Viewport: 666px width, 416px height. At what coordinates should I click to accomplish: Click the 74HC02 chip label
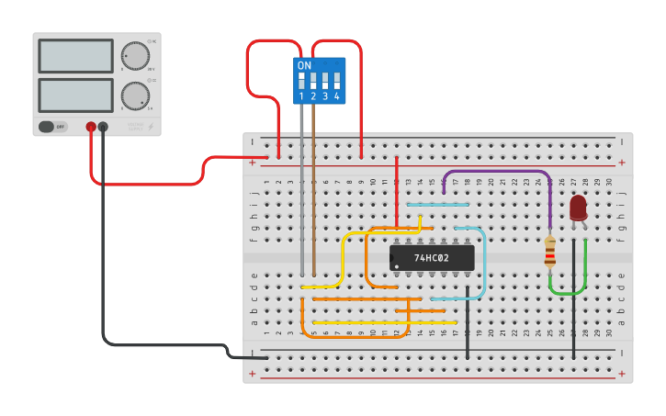[x=432, y=258]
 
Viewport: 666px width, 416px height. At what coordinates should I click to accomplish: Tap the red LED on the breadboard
[x=578, y=208]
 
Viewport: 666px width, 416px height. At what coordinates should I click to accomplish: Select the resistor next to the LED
[x=549, y=252]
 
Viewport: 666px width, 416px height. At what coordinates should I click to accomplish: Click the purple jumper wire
[x=496, y=172]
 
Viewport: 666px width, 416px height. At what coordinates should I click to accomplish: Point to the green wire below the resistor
[x=568, y=292]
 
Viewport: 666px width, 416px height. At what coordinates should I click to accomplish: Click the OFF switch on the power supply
[x=53, y=127]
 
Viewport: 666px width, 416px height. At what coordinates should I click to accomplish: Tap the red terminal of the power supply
[x=91, y=127]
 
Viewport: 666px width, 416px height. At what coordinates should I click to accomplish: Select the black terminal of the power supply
[x=103, y=127]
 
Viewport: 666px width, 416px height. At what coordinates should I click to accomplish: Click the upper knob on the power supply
[x=135, y=56]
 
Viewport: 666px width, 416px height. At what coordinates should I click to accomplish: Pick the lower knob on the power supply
[x=135, y=96]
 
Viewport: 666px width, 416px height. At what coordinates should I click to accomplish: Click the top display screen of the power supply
[x=75, y=56]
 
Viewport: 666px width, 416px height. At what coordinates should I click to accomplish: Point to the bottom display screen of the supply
[x=75, y=96]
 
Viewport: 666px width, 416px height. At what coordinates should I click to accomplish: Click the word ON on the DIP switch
[x=304, y=66]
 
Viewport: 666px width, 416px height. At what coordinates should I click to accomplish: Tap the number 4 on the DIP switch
[x=337, y=96]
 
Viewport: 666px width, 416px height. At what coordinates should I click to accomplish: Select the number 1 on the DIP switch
[x=301, y=96]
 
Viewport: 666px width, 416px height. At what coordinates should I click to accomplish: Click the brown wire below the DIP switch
[x=313, y=184]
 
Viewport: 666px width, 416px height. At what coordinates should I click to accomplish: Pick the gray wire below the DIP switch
[x=301, y=184]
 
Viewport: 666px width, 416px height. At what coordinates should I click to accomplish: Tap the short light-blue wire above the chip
[x=437, y=205]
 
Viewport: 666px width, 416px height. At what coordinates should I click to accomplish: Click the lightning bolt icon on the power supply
[x=152, y=127]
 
